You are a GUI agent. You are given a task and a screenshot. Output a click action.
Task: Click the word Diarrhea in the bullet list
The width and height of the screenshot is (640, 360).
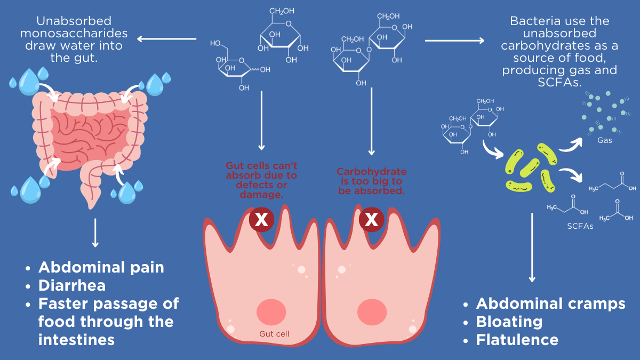(x=72, y=285)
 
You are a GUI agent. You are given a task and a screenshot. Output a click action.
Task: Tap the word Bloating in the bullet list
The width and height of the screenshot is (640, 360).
(x=509, y=322)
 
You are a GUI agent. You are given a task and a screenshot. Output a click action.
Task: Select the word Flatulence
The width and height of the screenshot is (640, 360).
(x=517, y=340)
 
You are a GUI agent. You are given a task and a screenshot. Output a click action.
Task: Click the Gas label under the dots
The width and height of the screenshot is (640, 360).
(x=604, y=141)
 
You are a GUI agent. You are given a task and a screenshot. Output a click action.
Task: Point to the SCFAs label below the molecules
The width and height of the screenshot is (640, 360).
(x=580, y=226)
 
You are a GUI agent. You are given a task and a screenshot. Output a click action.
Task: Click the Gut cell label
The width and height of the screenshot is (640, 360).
(x=274, y=334)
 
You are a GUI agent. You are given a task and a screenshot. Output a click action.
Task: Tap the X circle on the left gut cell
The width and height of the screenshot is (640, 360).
(x=261, y=220)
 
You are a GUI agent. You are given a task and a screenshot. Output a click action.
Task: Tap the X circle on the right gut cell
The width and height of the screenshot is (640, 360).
(x=372, y=220)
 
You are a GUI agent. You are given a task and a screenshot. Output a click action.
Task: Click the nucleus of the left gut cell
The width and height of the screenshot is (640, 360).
(x=272, y=311)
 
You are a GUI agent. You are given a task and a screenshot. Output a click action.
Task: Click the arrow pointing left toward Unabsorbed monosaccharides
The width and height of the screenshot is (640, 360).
(x=167, y=39)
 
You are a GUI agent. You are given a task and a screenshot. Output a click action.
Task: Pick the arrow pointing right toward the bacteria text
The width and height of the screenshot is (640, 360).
(x=454, y=40)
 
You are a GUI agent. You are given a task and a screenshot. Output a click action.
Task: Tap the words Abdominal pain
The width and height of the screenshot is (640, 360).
(x=101, y=267)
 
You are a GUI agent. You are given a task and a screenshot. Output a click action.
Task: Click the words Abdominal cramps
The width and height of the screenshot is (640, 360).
(x=550, y=303)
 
